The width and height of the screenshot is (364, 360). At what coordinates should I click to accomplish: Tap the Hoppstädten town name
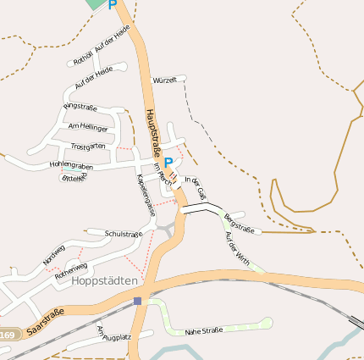click(106, 280)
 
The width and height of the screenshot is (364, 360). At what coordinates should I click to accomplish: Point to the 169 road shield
click(8, 335)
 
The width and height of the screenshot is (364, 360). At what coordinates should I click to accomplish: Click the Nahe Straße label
click(204, 330)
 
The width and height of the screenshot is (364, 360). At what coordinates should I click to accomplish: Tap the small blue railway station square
click(137, 301)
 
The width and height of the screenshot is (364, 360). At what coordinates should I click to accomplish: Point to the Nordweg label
click(53, 254)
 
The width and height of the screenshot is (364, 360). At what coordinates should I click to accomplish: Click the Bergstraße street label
click(240, 223)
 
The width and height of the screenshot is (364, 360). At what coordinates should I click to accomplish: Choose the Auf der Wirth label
click(239, 246)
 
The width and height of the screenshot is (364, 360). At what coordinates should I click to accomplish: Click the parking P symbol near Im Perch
click(168, 163)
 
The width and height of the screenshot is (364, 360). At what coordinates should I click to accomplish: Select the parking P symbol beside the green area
click(113, 5)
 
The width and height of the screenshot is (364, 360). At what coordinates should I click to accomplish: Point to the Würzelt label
click(164, 80)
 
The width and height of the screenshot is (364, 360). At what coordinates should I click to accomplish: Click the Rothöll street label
click(82, 58)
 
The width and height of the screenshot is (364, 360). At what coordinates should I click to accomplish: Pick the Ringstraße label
click(80, 108)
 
